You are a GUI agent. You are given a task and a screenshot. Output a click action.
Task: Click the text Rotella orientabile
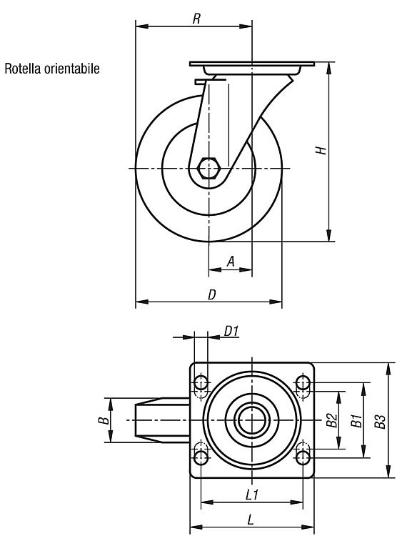pos(52,69)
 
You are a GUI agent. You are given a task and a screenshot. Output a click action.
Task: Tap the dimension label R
pos(196,19)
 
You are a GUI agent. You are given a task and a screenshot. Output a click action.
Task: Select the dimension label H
pos(321,150)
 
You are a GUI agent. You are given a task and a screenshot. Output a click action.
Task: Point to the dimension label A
pos(231,262)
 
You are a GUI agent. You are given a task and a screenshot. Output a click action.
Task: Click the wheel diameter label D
pos(212,294)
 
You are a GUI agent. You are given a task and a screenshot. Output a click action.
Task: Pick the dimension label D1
pos(231,331)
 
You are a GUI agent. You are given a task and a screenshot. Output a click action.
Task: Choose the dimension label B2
pos(332,420)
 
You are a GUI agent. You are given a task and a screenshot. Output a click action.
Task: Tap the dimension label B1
pos(356,420)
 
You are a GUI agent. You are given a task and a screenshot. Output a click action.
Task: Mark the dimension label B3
pos(380,421)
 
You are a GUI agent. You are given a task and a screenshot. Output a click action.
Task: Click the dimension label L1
pos(252,495)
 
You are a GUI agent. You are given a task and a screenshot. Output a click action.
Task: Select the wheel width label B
pos(104,420)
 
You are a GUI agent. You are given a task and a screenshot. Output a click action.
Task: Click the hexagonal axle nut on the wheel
pos(208,168)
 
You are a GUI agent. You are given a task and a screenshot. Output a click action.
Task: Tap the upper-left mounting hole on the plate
pos(201,383)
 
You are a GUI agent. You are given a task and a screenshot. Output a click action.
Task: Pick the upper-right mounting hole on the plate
pos(303,382)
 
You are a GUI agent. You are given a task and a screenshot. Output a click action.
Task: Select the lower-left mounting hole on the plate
pos(201,457)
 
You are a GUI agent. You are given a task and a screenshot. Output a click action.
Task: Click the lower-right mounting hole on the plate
pos(303,457)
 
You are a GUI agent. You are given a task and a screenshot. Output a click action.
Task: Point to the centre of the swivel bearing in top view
pos(252,420)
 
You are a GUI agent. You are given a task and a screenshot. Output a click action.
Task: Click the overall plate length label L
pos(251,520)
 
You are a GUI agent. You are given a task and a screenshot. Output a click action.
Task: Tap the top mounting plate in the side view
pos(252,64)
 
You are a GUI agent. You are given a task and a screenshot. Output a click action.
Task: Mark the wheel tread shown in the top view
pos(162,420)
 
